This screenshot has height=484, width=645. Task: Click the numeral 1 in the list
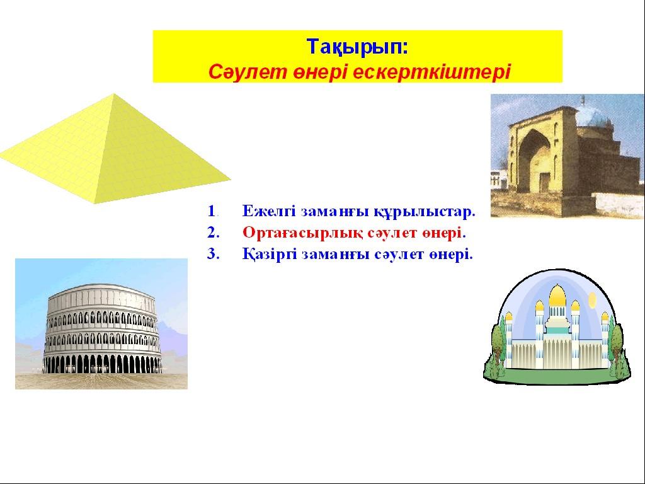click(x=212, y=211)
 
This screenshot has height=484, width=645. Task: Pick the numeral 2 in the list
click(x=212, y=233)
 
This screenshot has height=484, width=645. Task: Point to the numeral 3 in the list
click(x=212, y=254)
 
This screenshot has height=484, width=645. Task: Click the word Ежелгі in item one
click(x=269, y=212)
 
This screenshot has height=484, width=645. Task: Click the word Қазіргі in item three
click(x=270, y=255)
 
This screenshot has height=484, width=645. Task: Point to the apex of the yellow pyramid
click(x=114, y=95)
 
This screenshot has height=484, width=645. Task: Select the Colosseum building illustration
click(x=102, y=328)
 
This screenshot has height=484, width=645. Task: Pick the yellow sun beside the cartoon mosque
click(x=592, y=299)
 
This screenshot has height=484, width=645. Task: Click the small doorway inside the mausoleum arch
click(x=544, y=183)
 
